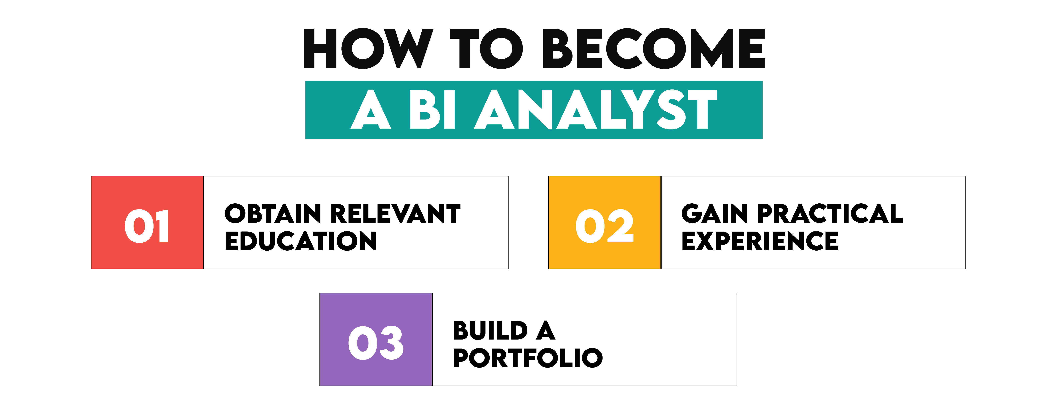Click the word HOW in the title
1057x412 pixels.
[368, 48]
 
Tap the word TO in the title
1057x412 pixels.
[487, 48]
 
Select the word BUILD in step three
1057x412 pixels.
[490, 330]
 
